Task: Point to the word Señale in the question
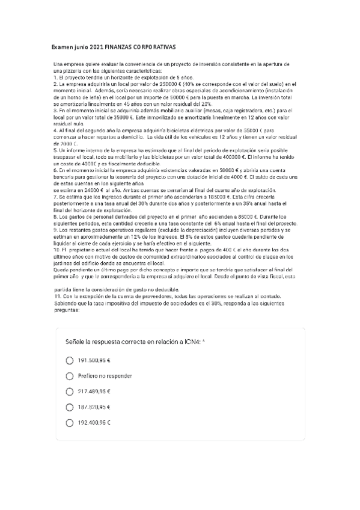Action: coord(76,342)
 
